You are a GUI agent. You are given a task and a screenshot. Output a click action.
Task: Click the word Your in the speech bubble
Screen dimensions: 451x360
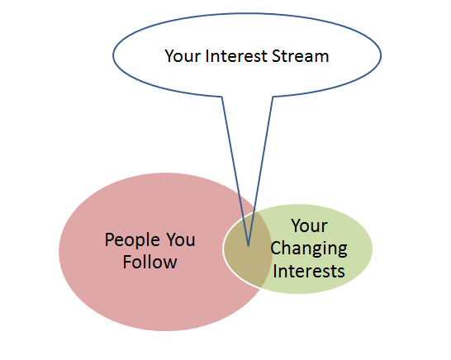coord(183,56)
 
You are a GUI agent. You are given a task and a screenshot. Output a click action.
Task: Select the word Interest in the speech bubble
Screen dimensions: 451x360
coord(236,56)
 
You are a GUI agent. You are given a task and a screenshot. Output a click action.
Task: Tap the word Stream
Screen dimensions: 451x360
coord(300,56)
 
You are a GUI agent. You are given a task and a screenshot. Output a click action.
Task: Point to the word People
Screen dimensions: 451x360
coord(132,240)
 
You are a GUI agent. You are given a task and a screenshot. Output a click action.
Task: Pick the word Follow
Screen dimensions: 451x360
coord(150,262)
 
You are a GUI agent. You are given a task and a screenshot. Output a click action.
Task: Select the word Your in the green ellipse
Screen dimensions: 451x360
coord(309,226)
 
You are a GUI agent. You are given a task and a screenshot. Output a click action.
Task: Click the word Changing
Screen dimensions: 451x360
coord(309,249)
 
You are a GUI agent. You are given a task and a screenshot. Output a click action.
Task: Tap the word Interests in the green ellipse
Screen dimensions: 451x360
coord(309,271)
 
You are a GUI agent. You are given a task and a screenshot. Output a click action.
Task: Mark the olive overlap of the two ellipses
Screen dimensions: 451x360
coord(248,249)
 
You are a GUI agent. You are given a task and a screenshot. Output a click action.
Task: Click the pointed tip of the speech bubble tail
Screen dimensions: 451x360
coord(248,246)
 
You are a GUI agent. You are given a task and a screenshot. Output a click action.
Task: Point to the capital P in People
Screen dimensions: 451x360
coord(109,239)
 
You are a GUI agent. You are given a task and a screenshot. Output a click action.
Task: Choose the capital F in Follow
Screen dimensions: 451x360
coord(127,262)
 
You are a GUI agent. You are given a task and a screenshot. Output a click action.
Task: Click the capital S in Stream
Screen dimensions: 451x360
coord(276,56)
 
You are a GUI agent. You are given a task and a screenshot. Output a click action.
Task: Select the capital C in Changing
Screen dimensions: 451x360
coord(276,249)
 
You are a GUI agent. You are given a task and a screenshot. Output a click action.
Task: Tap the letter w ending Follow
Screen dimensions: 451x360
coord(169,263)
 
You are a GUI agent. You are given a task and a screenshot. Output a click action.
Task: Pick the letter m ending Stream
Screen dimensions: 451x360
coord(321,58)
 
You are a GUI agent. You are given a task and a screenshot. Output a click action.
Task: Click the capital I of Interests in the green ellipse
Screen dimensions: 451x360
coord(275,271)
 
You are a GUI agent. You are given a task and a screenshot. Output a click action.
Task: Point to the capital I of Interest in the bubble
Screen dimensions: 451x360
coord(207,56)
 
